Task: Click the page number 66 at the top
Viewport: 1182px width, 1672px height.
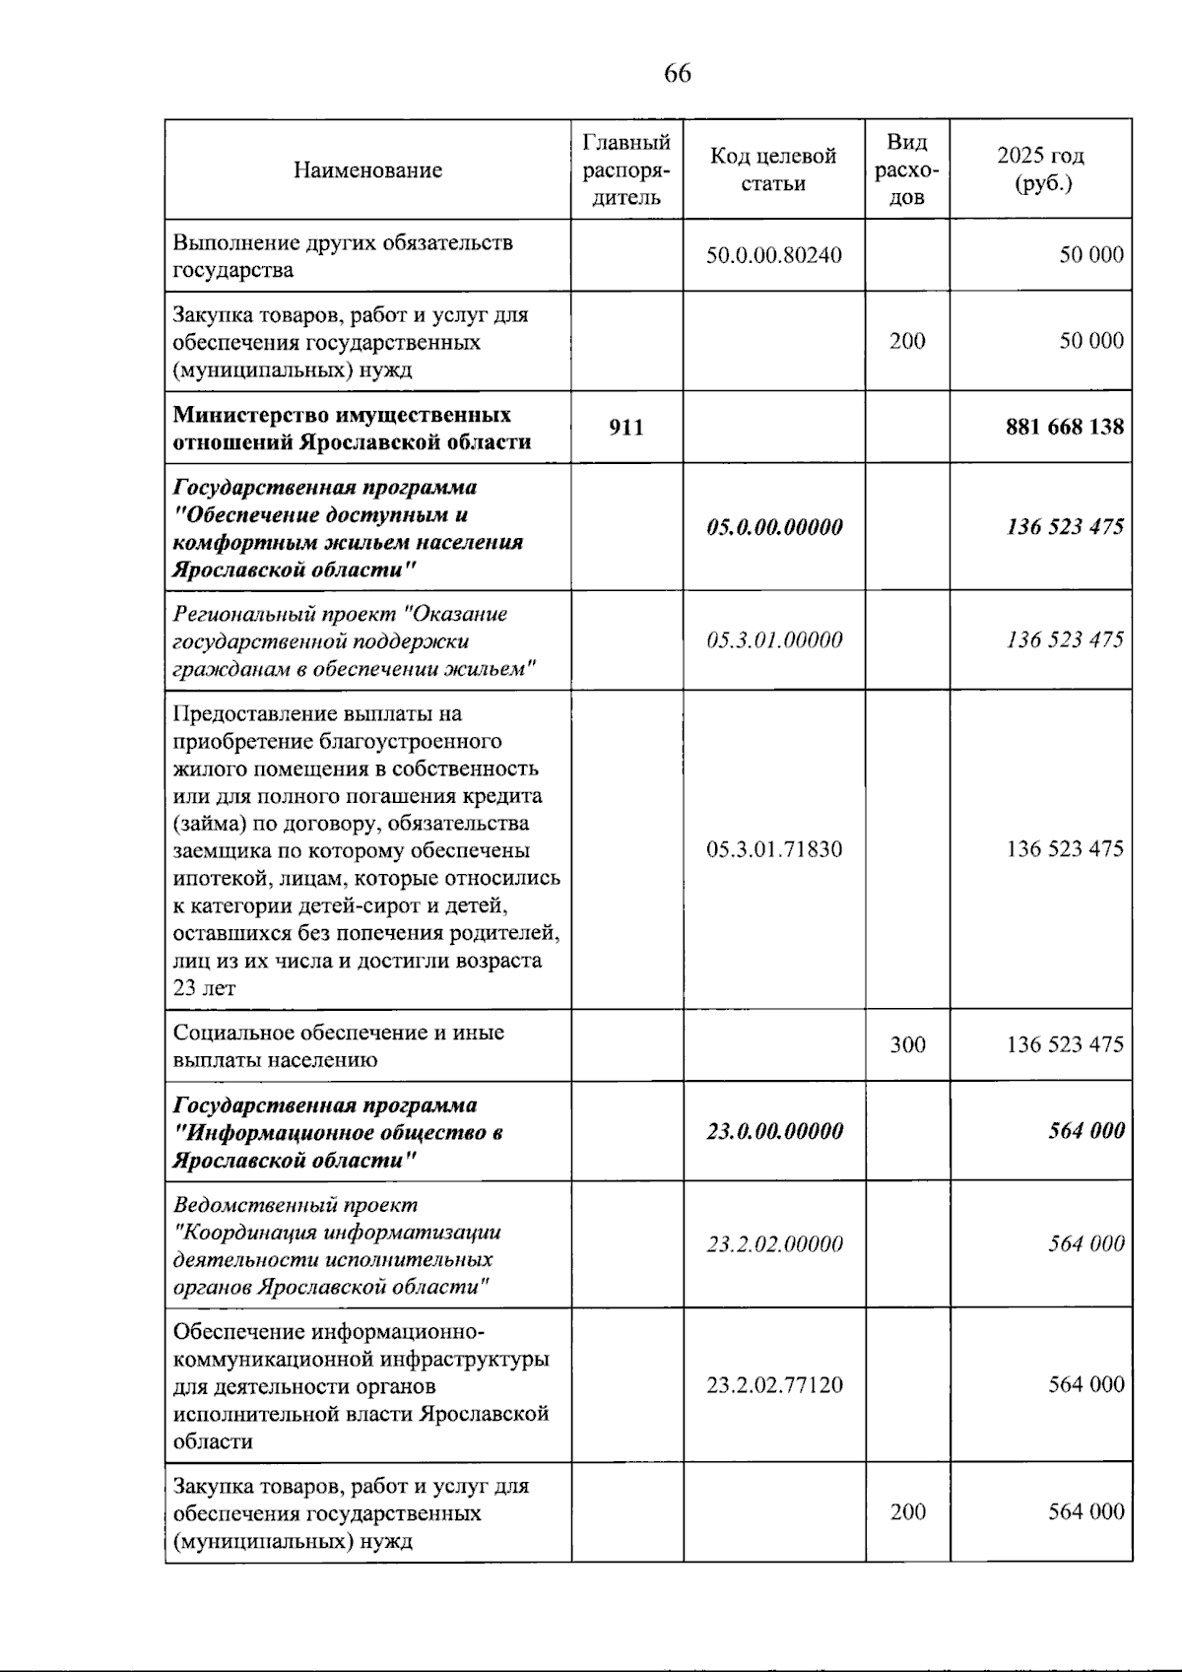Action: tap(678, 73)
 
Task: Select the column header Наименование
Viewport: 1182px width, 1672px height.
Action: tap(367, 169)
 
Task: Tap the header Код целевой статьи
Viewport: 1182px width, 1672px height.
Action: tap(773, 169)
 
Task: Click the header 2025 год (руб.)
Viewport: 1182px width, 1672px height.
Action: tap(1040, 169)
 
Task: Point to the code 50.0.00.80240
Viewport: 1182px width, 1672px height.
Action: tap(774, 254)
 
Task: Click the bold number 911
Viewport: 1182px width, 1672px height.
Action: tap(626, 427)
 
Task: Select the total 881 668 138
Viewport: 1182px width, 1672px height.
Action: tap(1064, 427)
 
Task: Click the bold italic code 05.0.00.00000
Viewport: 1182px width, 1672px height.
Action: tap(774, 527)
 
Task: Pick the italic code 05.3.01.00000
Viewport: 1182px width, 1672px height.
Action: tap(774, 640)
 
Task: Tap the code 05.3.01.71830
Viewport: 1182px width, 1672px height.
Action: tap(774, 848)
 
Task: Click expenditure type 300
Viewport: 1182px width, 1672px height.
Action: tap(907, 1044)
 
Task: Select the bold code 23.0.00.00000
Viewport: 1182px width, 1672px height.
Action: tap(774, 1131)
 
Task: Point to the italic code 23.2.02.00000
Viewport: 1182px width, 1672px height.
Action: tap(774, 1243)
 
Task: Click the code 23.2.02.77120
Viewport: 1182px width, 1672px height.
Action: tap(774, 1384)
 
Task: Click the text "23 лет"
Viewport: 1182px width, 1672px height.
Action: tap(204, 988)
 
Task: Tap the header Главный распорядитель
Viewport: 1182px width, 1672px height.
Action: tap(626, 169)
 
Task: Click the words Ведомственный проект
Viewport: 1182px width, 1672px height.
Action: tap(295, 1204)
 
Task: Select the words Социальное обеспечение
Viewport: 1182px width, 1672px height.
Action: tap(300, 1032)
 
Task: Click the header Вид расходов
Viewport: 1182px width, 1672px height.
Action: tap(907, 169)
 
